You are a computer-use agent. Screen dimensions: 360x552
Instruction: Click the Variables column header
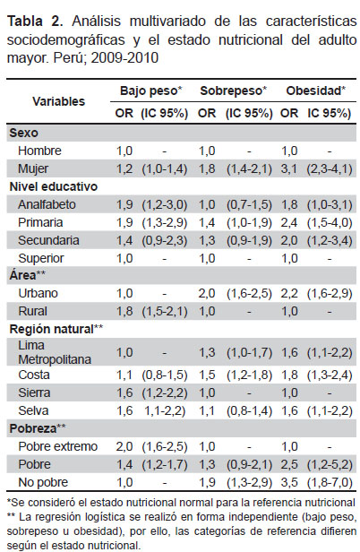59,101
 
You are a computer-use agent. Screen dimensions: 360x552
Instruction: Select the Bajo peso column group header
151,91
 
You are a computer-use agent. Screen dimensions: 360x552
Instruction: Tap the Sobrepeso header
234,91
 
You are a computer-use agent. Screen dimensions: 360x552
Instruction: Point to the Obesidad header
315,91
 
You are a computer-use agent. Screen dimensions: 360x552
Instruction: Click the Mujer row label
33,168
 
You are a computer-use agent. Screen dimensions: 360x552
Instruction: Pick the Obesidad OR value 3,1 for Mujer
289,168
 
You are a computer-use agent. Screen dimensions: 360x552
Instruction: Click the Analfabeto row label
47,204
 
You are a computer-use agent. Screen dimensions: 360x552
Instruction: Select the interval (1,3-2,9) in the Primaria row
165,222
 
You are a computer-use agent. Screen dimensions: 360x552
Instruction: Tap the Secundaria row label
48,240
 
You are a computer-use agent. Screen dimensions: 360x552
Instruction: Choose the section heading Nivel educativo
53,186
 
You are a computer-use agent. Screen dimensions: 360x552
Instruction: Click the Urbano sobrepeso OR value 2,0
207,293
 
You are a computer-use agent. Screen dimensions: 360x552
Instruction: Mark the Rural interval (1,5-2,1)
165,311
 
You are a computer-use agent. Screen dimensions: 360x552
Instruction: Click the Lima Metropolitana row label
55,352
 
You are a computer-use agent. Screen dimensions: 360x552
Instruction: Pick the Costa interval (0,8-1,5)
165,375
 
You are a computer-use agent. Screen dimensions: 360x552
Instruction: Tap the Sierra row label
34,392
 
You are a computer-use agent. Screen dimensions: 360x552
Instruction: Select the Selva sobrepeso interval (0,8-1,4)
249,410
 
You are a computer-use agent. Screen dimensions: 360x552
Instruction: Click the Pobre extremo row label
57,446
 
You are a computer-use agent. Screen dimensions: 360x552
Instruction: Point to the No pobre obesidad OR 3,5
289,482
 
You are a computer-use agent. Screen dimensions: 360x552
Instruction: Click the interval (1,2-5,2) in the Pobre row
330,464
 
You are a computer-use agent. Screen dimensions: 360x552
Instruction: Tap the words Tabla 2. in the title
35,22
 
